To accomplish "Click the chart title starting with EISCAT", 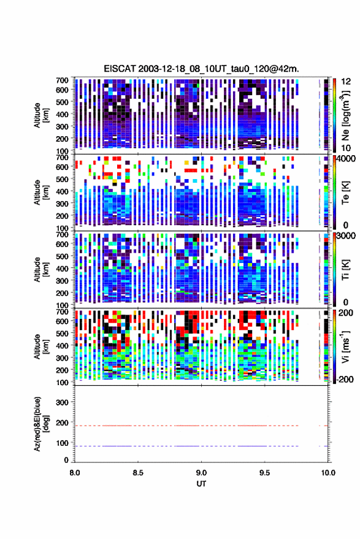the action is click(x=201, y=69).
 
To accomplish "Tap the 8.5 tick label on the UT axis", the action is click(x=138, y=473).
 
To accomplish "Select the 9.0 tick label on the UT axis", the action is click(x=202, y=473).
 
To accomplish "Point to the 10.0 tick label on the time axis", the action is click(x=328, y=473).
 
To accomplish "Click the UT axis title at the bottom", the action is click(x=201, y=484).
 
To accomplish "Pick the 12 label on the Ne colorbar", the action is click(x=346, y=82).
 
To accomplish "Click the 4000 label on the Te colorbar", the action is click(x=347, y=159).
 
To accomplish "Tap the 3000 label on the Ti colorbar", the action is click(x=347, y=236).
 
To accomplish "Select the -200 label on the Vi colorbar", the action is click(x=345, y=379).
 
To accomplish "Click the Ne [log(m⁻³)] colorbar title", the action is click(x=345, y=115).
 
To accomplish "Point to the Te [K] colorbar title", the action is click(x=345, y=193).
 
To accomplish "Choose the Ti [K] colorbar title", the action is click(x=345, y=270).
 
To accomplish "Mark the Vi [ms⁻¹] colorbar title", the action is click(x=345, y=346).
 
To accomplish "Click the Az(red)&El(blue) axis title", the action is click(x=40, y=424).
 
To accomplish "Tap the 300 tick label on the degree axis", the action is click(x=62, y=402).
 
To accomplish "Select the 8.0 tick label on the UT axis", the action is click(x=75, y=473).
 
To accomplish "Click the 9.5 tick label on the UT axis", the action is click(x=265, y=473).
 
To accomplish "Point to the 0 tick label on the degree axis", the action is click(x=66, y=460).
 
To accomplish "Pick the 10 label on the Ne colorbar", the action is click(x=346, y=148).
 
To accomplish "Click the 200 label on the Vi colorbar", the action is click(x=345, y=313).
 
